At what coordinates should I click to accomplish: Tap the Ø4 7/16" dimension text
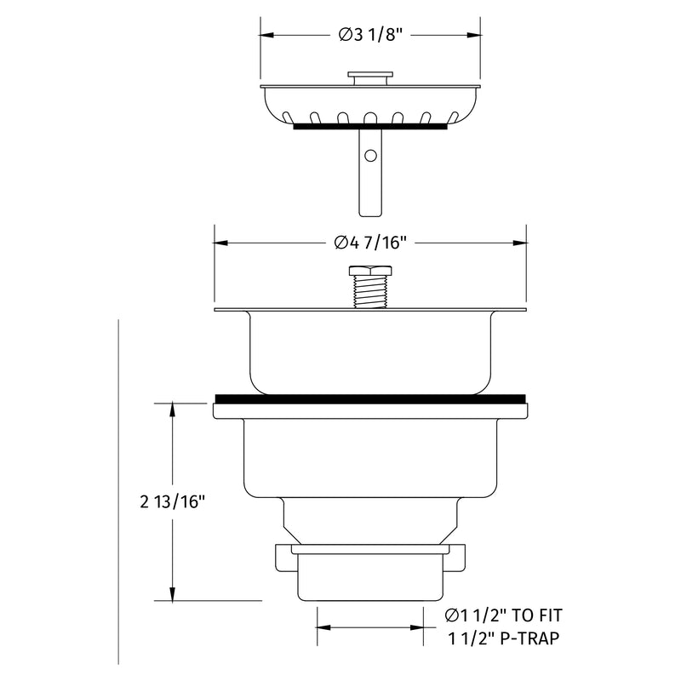pyautogui.click(x=370, y=243)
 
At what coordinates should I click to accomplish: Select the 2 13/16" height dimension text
pyautogui.click(x=172, y=502)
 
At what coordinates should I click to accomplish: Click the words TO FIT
pyautogui.click(x=536, y=615)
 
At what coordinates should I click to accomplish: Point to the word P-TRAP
pyautogui.click(x=529, y=638)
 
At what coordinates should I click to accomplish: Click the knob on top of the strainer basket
pyautogui.click(x=370, y=78)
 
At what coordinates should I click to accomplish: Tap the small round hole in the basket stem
pyautogui.click(x=370, y=156)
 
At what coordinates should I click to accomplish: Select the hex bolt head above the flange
pyautogui.click(x=370, y=271)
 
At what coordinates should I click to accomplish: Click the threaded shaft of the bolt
pyautogui.click(x=370, y=292)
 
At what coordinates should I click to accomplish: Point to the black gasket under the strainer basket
pyautogui.click(x=370, y=126)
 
